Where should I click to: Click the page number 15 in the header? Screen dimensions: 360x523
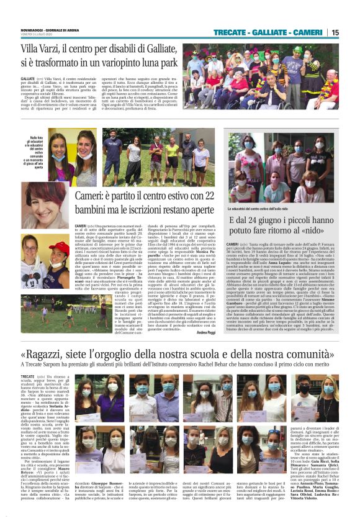tap(335, 32)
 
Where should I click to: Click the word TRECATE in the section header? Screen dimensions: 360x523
tap(231, 32)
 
